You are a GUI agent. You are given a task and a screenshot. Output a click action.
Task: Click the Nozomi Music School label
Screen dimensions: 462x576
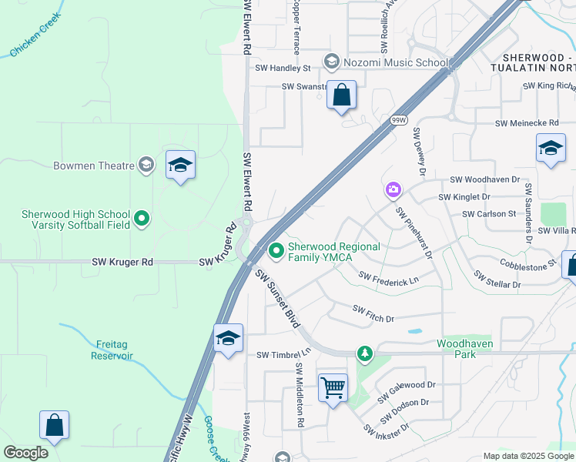pos(397,62)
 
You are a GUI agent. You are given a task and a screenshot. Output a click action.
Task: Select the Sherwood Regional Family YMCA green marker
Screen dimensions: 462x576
pos(276,250)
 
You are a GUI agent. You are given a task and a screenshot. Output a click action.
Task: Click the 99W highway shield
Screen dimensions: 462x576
pos(398,120)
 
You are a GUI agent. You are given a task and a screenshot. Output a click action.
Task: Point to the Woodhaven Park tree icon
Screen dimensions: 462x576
pos(364,353)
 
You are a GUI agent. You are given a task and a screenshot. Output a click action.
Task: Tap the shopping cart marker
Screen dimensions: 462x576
pos(333,388)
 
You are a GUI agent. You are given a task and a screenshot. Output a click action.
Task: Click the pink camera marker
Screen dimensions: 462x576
pos(393,189)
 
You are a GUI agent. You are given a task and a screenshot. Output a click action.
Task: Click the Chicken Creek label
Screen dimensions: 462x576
pos(34,38)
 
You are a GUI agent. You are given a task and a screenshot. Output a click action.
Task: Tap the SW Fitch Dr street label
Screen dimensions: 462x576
pos(373,313)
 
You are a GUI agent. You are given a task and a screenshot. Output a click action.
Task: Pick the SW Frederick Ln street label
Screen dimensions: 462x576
pos(388,279)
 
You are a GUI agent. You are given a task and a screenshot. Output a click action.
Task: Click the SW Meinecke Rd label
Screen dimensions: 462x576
pos(526,123)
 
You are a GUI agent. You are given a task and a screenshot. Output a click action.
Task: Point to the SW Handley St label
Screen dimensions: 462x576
pos(284,69)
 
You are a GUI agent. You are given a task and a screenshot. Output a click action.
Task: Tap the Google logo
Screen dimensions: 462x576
pos(25,452)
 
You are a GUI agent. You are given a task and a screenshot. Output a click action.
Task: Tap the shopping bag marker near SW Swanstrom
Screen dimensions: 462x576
pos(342,95)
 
